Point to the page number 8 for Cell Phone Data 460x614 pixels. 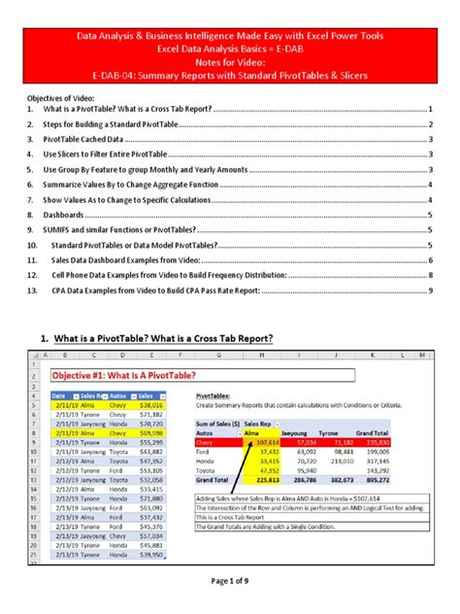click(x=430, y=276)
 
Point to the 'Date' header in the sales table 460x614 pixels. click(x=58, y=395)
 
